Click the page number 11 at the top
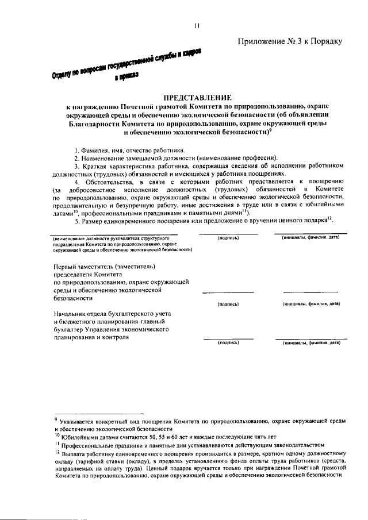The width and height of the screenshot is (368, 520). (196, 25)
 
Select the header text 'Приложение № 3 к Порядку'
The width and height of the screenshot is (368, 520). (290, 41)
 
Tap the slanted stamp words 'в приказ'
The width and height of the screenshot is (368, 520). (126, 76)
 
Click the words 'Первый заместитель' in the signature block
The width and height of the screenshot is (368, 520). (82, 266)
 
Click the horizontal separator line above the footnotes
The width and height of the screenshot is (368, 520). (98, 413)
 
